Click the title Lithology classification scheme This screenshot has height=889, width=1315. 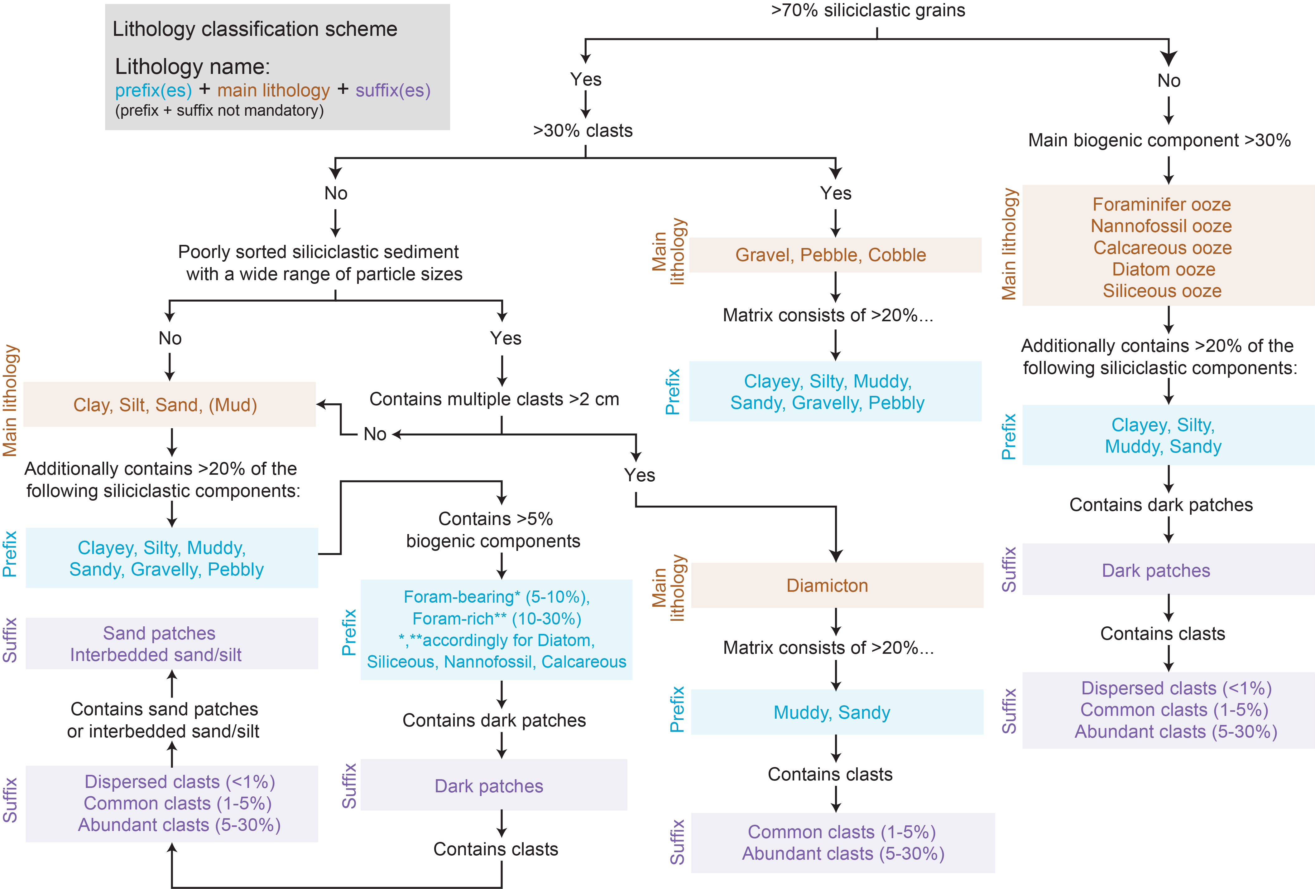tap(255, 29)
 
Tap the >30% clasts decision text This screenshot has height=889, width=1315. tap(583, 130)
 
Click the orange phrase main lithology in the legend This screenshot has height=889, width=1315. tap(273, 90)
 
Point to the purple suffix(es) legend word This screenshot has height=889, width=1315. tap(393, 90)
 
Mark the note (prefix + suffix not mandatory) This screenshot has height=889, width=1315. tap(219, 110)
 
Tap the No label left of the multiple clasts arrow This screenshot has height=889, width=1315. tap(375, 434)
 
